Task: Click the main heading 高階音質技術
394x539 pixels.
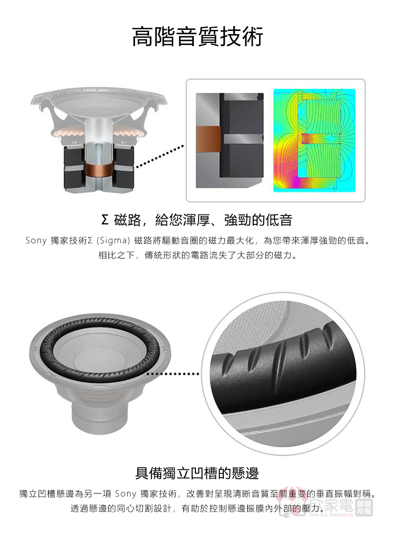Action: point(198,36)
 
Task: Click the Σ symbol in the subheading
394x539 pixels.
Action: point(105,220)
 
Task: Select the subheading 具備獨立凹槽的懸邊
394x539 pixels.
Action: point(197,473)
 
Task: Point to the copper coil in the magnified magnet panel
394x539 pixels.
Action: point(208,139)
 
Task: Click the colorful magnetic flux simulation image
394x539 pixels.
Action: point(314,140)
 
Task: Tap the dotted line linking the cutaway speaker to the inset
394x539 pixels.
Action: point(160,157)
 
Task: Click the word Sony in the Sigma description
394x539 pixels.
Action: point(36,241)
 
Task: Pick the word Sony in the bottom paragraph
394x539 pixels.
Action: point(126,494)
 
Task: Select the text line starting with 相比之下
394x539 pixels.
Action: point(198,255)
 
